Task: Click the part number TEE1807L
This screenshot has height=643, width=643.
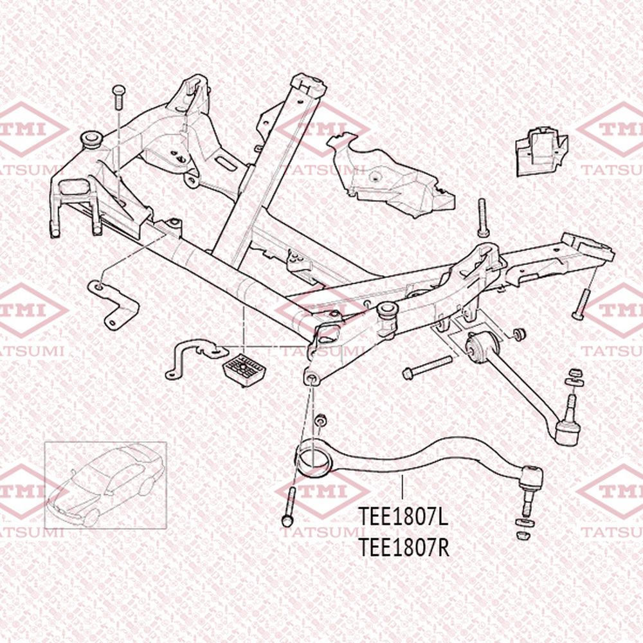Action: (403, 516)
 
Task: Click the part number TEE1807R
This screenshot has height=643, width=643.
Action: (404, 547)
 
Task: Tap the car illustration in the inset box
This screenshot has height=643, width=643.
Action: (106, 485)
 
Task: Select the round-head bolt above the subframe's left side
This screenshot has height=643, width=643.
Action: (118, 97)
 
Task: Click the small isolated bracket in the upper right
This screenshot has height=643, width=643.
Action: (541, 151)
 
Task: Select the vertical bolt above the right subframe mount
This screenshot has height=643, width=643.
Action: (482, 218)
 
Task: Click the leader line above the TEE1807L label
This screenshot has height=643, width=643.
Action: (403, 487)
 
